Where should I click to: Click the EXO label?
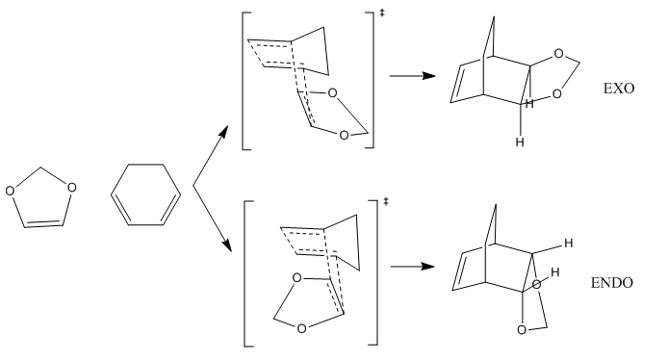pos(619,89)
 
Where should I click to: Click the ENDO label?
pos(612,282)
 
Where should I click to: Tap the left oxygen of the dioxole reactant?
pos(10,191)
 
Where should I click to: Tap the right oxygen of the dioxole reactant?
pos(71,188)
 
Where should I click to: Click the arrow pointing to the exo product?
pos(412,76)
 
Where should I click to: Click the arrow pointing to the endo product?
pos(412,267)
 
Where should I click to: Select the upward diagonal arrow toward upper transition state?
pos(211,156)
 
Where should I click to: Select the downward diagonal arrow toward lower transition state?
pos(212,219)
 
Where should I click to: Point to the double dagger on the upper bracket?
pos(382,13)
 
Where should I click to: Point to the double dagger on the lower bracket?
pos(386,200)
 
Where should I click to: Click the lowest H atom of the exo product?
pos(520,141)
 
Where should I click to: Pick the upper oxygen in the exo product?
pos(558,54)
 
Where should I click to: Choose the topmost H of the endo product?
pos(568,244)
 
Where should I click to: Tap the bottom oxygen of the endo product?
pos(522,330)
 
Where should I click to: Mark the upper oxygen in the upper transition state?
pos(332,92)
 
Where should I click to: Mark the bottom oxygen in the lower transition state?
pos(301,328)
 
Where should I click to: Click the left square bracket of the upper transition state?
pos(243,81)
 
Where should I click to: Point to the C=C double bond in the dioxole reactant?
pos(44,224)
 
